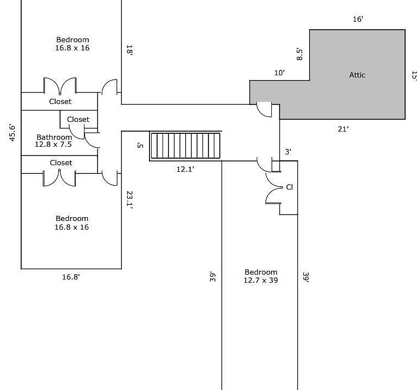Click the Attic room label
pos(357,75)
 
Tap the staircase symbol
pos(186,146)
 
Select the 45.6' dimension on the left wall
pos(12,133)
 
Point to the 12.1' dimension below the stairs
pos(185,169)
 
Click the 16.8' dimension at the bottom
pos(71,277)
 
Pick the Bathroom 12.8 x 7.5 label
pos(54,141)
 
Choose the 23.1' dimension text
pos(129,200)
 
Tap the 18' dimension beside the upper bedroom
pos(129,50)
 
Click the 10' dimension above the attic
pos(279,73)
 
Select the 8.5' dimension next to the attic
pos(299,55)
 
